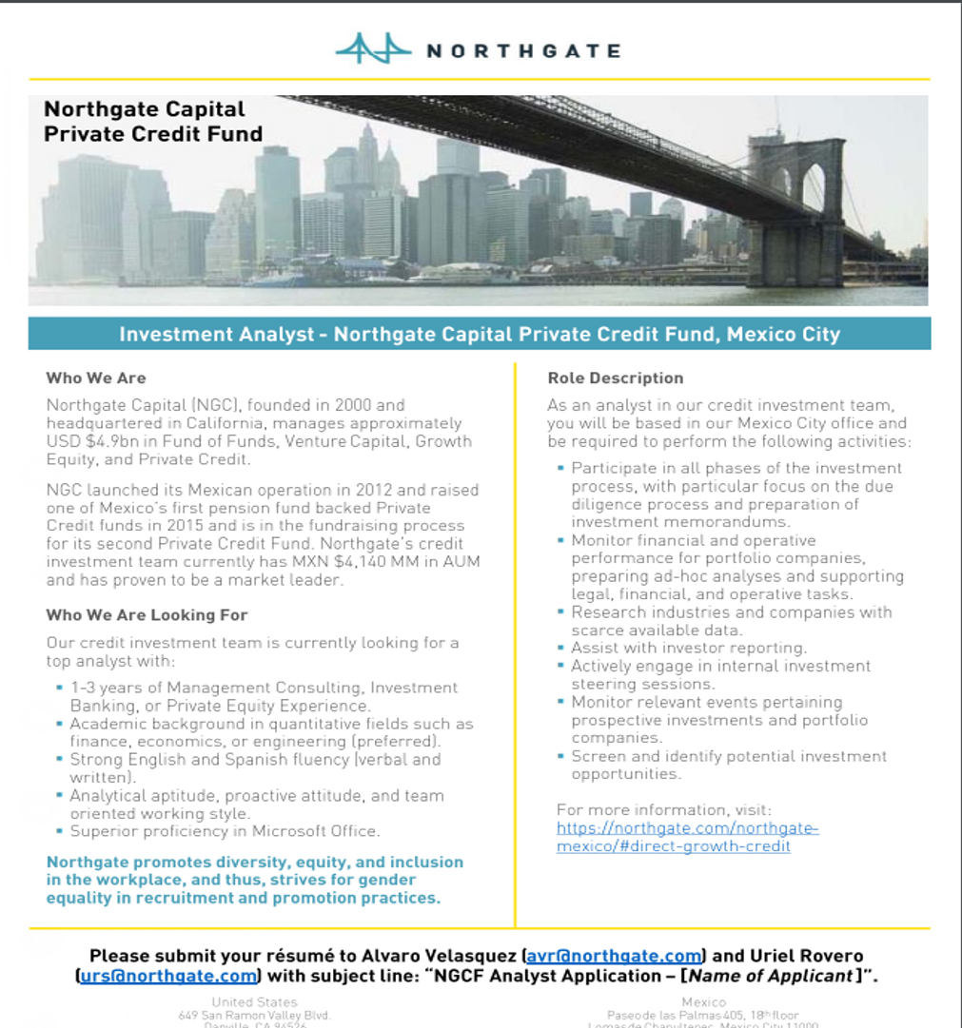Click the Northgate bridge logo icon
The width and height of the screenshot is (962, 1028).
click(x=373, y=48)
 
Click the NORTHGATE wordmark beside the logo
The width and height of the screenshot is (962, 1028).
click(x=522, y=50)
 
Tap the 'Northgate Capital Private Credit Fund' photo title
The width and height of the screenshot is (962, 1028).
click(x=152, y=122)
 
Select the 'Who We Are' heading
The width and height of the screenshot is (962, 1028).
click(x=96, y=378)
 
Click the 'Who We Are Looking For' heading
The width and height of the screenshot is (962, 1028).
click(x=147, y=615)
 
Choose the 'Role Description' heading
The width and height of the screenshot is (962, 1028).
click(x=615, y=378)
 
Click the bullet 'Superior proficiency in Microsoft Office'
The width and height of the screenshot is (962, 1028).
click(x=225, y=831)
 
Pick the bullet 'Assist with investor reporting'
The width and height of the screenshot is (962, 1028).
click(x=689, y=648)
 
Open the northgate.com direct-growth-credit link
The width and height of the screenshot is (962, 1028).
click(x=687, y=837)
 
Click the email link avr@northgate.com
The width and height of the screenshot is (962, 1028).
click(x=614, y=956)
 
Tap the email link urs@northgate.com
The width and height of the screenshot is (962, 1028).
click(x=168, y=976)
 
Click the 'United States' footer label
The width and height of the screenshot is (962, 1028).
click(x=254, y=1001)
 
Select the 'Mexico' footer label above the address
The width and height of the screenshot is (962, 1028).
click(x=703, y=1001)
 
